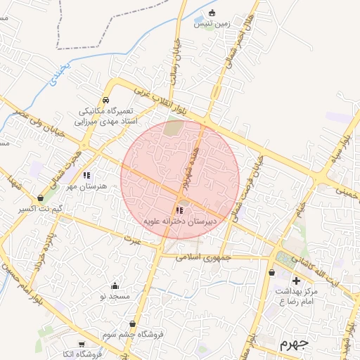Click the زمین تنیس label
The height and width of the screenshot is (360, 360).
tap(212, 24)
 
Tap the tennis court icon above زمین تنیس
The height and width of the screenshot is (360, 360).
tap(212, 13)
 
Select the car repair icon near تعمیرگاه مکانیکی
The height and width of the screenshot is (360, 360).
tap(105, 100)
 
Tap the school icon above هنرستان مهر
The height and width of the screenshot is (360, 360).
tap(86, 175)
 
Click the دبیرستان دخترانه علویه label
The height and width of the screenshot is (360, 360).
tap(179, 221)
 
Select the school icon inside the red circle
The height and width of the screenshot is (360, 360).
tap(179, 210)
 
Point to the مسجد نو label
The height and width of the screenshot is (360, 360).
tap(115, 296)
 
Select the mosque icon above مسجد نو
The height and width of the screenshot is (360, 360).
tap(115, 285)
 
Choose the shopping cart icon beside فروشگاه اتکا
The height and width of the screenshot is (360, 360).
tap(82, 344)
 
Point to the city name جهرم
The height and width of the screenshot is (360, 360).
tap(293, 345)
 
